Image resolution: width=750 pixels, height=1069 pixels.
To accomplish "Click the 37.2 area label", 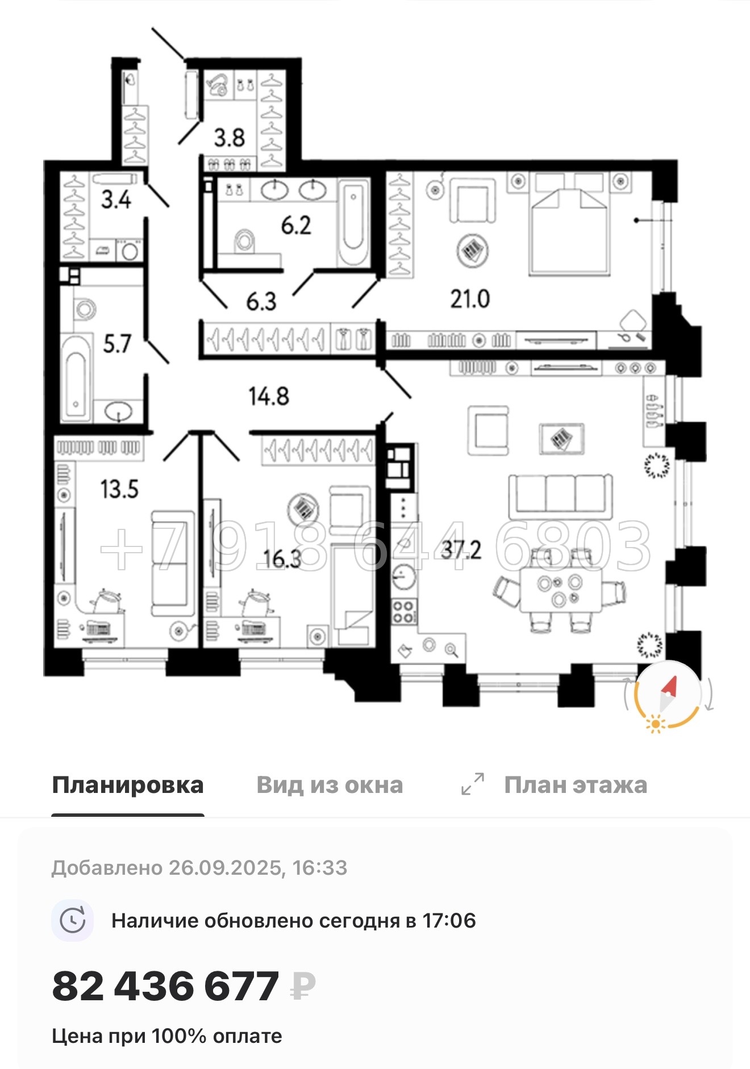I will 461,550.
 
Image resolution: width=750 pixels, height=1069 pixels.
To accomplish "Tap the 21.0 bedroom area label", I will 470,299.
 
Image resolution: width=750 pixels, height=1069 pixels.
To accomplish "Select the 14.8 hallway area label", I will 269,396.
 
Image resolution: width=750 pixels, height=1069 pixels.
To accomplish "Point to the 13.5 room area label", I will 119,489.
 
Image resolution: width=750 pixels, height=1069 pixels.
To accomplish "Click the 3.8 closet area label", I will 230,137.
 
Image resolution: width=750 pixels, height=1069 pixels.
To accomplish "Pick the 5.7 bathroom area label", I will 117,344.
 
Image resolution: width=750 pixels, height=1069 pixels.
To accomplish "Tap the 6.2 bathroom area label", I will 296,226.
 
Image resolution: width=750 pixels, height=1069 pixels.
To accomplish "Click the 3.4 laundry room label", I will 116,199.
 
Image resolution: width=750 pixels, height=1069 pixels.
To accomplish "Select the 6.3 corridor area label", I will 261,301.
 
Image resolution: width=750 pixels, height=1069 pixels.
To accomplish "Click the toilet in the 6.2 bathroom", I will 245,241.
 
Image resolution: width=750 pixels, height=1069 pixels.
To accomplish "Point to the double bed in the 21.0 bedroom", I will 569,230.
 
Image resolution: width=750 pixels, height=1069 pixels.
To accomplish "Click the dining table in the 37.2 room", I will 560,590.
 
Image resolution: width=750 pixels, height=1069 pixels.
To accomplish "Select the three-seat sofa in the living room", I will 560,495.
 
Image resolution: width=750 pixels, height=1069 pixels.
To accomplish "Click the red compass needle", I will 670,687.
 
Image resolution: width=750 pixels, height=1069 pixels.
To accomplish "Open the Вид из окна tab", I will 330,785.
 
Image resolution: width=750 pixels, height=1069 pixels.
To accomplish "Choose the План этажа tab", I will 575,785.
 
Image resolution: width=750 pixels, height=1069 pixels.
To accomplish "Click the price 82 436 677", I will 165,987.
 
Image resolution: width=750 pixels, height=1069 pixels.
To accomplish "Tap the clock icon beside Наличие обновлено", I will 73,921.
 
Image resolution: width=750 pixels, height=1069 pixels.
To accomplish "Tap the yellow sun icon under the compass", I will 656,724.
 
